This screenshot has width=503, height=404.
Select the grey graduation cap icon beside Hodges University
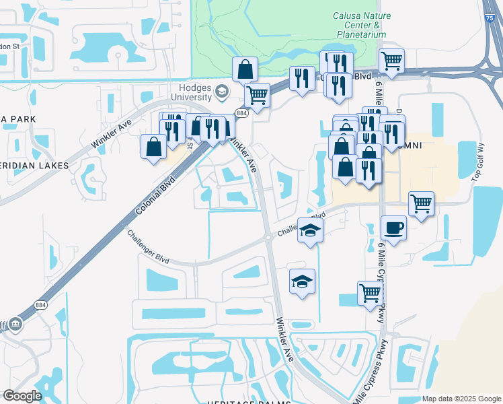pos(221,91)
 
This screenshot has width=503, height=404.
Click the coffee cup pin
pos(393,228)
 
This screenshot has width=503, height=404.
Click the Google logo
pos(22,395)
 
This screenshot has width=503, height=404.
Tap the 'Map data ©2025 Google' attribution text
pos(461,399)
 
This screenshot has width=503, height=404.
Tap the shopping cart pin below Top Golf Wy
pos(421,203)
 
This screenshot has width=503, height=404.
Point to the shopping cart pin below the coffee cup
pos(370,293)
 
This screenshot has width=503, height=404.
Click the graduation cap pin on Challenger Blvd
pos(310,231)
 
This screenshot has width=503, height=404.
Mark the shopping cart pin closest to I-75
pos(391,61)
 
